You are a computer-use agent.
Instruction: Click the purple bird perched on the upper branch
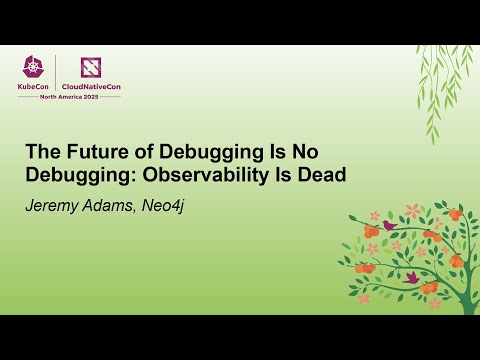coord(389,226)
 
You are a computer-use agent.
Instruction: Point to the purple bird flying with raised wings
coord(411,276)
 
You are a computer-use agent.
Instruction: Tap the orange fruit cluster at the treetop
coord(455,213)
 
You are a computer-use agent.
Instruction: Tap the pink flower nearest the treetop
coord(412,212)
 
